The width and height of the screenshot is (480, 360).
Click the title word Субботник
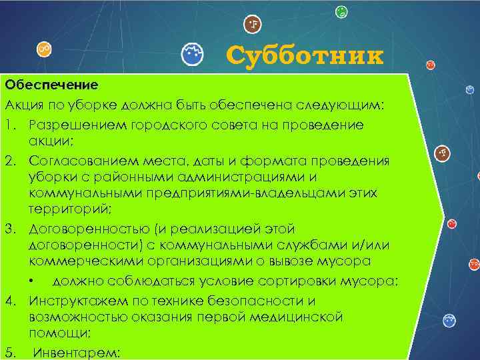tap(305, 56)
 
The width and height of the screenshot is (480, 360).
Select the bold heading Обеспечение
tap(51, 85)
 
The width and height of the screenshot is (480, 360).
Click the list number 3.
tap(9, 229)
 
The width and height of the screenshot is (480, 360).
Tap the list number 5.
tap(9, 352)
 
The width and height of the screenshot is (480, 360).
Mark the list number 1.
tap(9, 125)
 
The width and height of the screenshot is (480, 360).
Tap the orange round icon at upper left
tap(45, 49)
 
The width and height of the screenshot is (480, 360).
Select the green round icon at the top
tap(341, 11)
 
